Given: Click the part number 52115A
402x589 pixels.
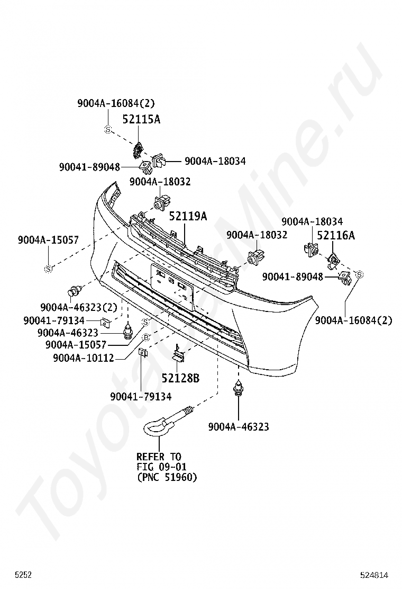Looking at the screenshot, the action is [141, 119].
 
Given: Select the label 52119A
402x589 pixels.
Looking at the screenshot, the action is [188, 216].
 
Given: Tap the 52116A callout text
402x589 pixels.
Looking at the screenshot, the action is [336, 235].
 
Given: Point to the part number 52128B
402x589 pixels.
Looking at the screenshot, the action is [180, 378].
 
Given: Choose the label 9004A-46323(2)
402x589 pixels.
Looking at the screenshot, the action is [79, 307].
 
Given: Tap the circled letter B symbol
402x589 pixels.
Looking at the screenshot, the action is [146, 338].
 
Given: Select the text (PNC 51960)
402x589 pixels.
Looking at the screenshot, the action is [167, 477].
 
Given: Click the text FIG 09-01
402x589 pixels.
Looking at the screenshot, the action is [161, 467].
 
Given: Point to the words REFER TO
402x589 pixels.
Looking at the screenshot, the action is [159, 457].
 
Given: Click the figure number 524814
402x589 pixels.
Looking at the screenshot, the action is [374, 575].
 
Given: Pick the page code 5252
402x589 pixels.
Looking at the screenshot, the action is [23, 575].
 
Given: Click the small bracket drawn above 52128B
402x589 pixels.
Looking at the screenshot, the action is [178, 354].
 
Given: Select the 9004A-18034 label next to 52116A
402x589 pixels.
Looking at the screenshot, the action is [312, 221].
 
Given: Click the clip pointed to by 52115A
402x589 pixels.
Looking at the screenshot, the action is [137, 149].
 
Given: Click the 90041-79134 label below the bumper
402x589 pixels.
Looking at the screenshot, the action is [141, 396].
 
